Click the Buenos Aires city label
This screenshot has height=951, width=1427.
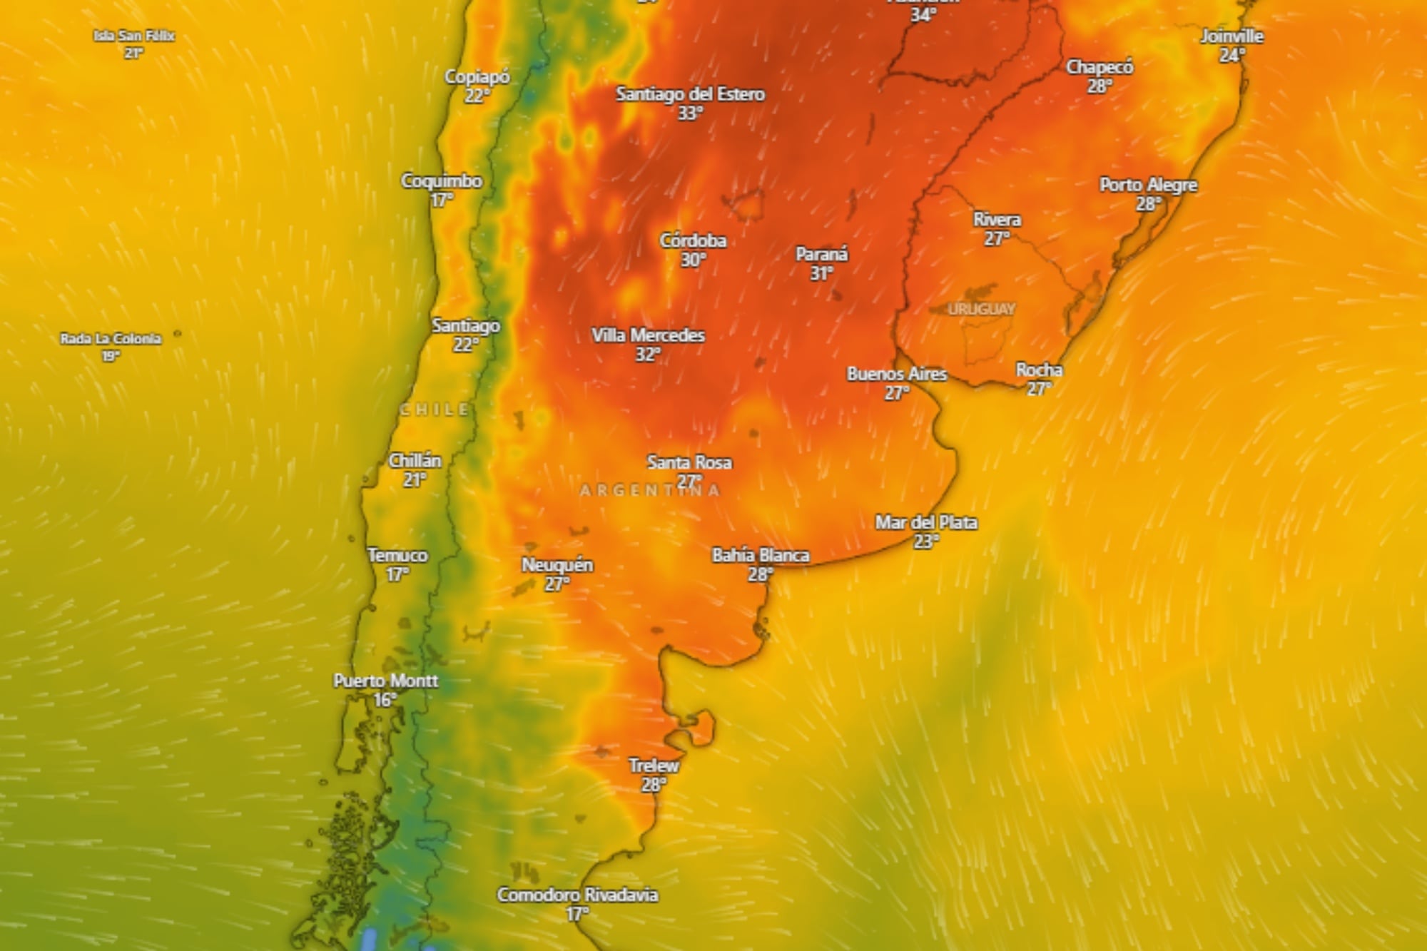[897, 374]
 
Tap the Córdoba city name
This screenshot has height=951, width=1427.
[693, 240]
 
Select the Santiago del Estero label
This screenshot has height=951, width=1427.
[690, 94]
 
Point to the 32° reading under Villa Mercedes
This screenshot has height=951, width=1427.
[648, 355]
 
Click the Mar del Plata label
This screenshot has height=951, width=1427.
[926, 522]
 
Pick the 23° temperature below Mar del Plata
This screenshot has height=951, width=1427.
[926, 541]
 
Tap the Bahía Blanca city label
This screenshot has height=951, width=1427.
[761, 555]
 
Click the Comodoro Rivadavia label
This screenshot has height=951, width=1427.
[577, 895]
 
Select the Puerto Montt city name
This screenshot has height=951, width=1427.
[385, 681]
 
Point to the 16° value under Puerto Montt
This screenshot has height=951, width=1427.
[385, 700]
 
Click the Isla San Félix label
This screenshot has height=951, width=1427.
[134, 36]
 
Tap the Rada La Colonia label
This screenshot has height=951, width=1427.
[111, 338]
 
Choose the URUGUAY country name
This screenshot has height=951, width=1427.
[981, 309]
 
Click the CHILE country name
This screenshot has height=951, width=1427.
[435, 410]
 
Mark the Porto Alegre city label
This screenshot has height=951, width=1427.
[1148, 185]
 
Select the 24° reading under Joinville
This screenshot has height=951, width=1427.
[1232, 55]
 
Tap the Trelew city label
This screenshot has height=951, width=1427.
[654, 766]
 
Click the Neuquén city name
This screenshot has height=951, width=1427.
[557, 565]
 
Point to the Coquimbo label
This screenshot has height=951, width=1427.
[442, 181]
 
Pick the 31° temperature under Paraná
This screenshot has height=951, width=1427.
[822, 273]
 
